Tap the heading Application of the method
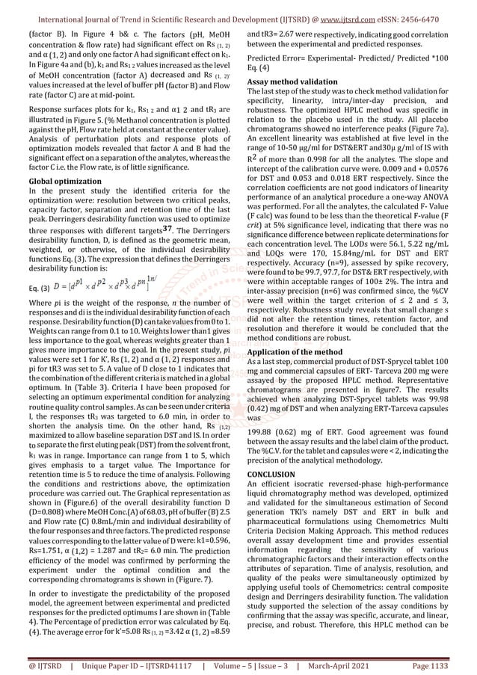(x=295, y=351)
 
